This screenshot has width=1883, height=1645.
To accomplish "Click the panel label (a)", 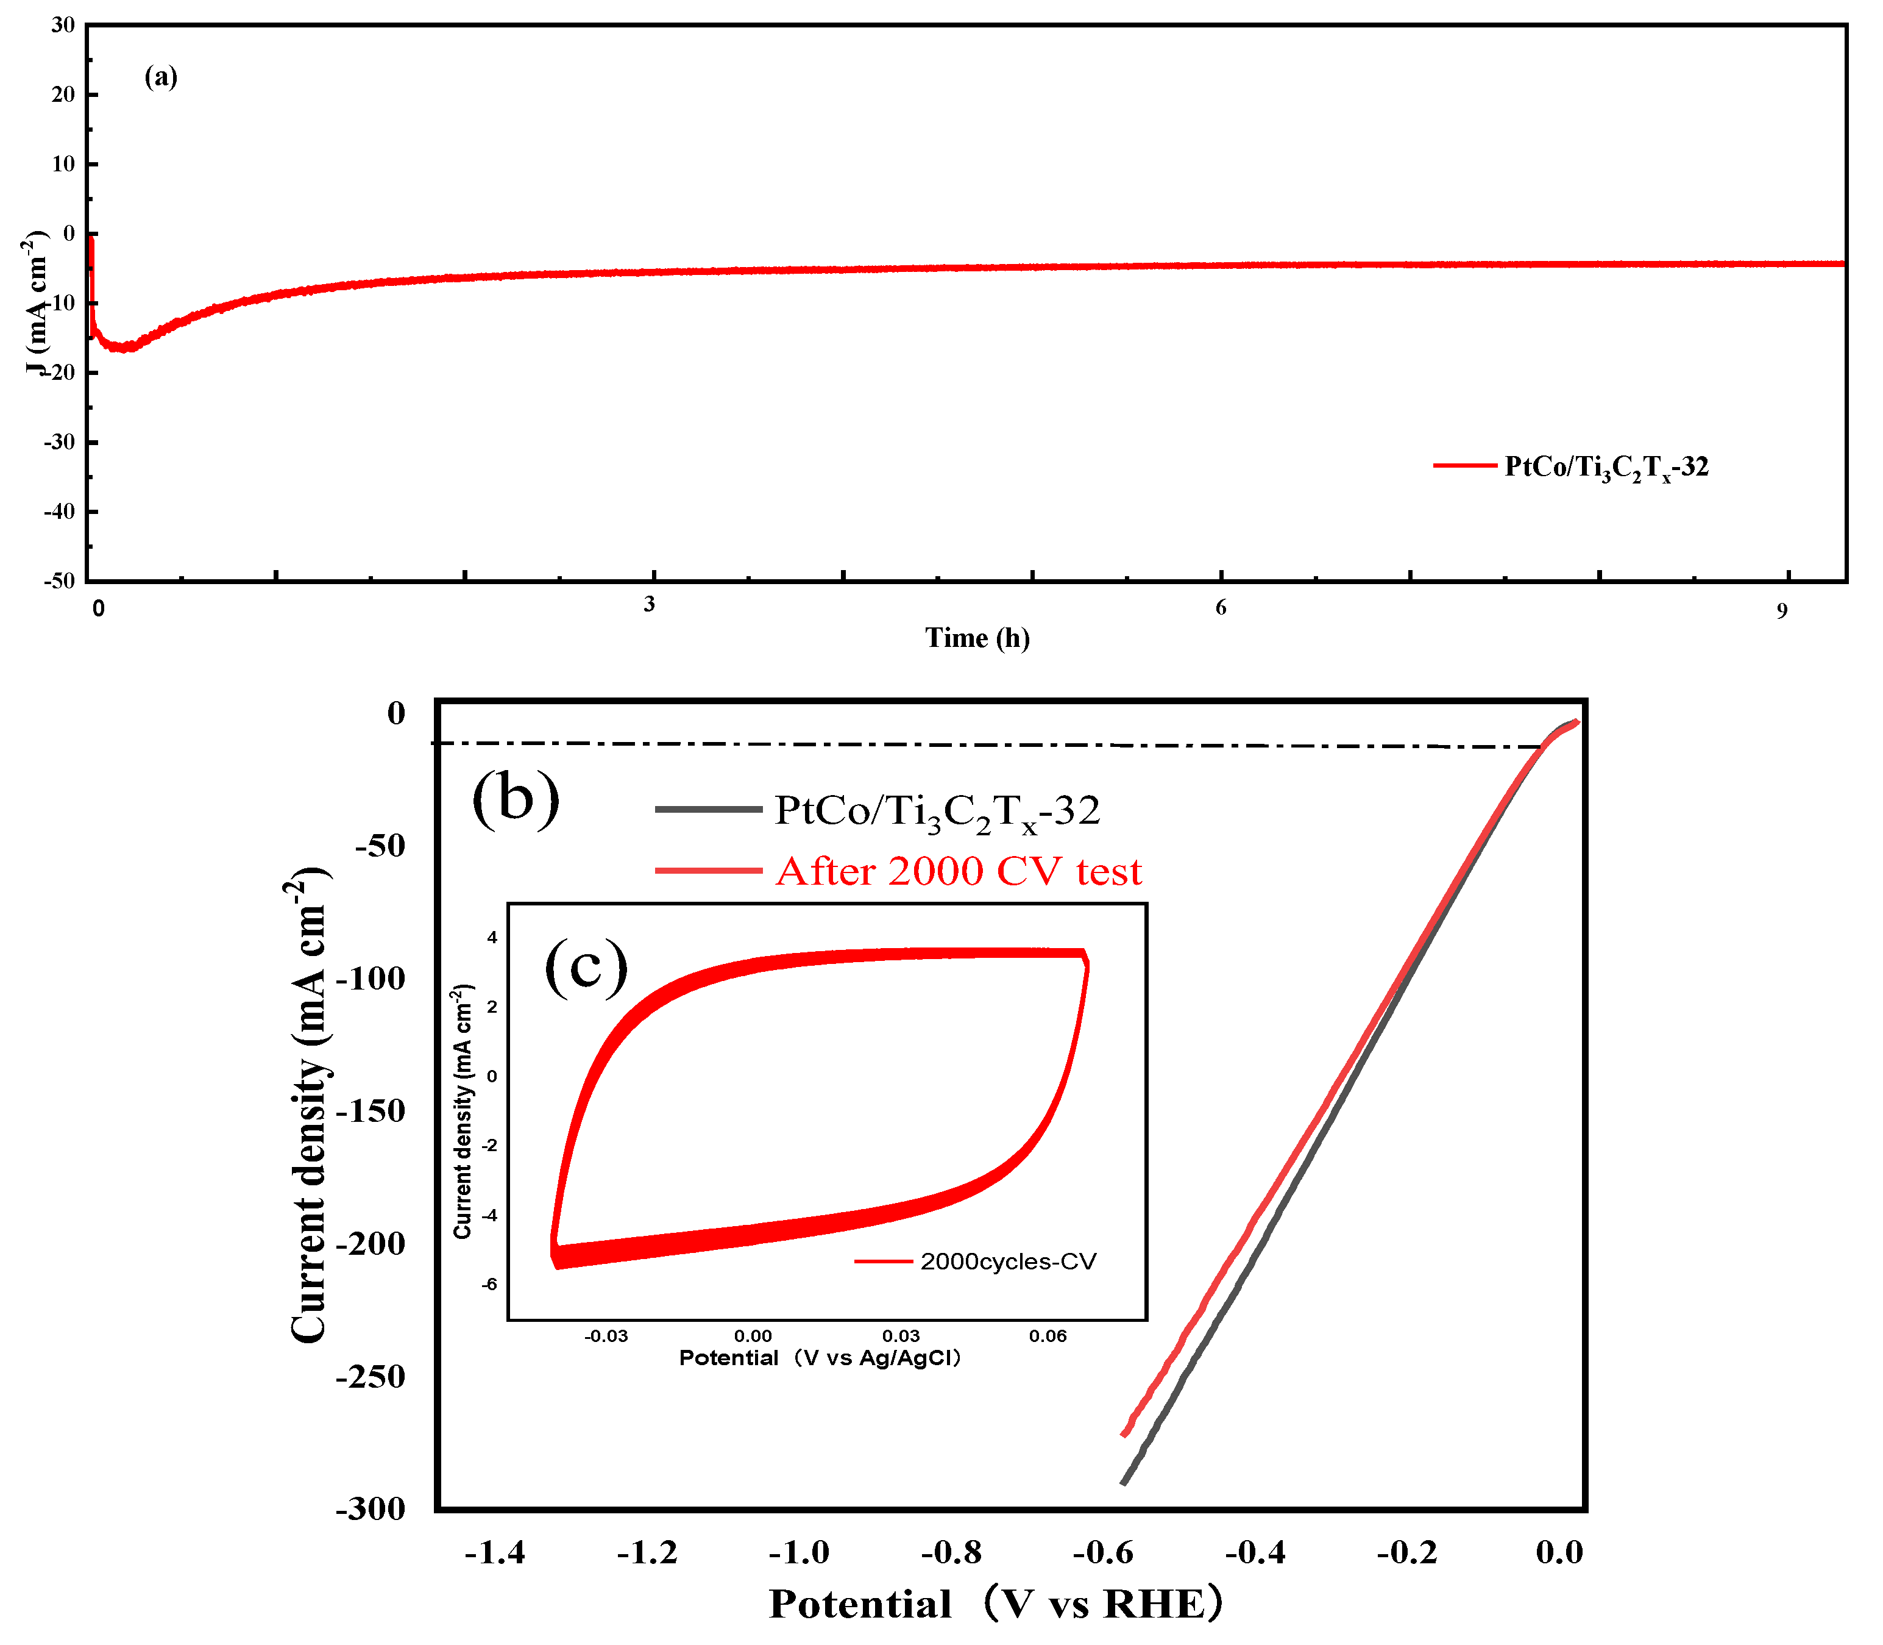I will point(161,76).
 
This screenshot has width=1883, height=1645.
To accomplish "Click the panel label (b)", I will point(516,797).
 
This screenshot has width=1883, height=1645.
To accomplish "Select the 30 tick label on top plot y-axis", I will point(62,25).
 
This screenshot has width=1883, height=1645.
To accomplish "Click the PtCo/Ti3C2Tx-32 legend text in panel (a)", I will point(1606,467).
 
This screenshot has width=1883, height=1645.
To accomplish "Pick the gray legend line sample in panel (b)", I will point(709,808).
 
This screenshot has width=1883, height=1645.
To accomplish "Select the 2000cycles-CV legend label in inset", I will point(1007,1261).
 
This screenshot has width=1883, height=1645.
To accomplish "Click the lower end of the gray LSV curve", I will point(1123,1483).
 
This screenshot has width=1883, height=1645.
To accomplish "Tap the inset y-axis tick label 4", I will point(492,937).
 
